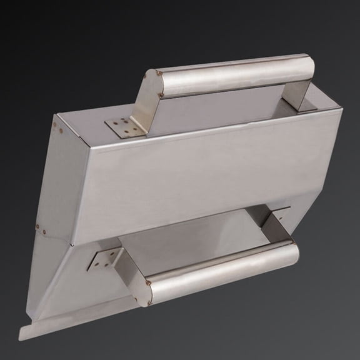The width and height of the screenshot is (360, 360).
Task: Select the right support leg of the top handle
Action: [x=303, y=94]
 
